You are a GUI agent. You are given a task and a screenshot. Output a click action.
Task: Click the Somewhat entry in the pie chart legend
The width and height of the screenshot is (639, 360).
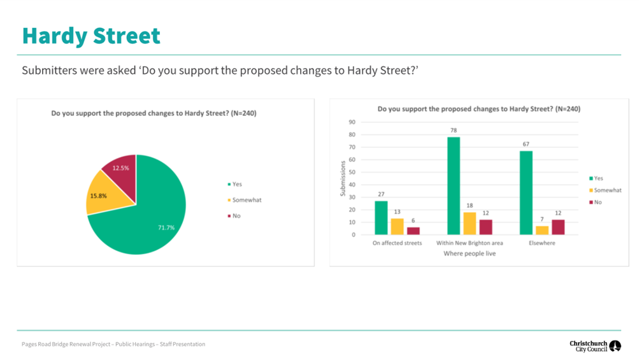(245, 200)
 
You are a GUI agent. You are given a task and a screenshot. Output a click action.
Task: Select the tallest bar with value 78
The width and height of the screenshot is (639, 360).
(454, 185)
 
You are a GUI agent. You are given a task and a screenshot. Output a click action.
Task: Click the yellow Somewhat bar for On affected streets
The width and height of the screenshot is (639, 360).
(397, 226)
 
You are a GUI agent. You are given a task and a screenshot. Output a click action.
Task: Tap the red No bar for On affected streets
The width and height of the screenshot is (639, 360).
(413, 231)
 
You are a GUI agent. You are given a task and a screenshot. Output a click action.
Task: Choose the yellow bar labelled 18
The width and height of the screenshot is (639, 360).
(470, 223)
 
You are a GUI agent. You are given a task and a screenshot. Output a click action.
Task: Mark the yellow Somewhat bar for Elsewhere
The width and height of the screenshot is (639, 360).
(542, 230)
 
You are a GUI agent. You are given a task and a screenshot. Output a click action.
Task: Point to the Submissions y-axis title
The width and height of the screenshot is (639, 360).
(343, 178)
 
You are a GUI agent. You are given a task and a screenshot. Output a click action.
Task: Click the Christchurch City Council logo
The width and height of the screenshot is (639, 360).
(595, 346)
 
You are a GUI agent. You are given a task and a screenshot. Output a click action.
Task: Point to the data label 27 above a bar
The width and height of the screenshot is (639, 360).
(381, 194)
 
